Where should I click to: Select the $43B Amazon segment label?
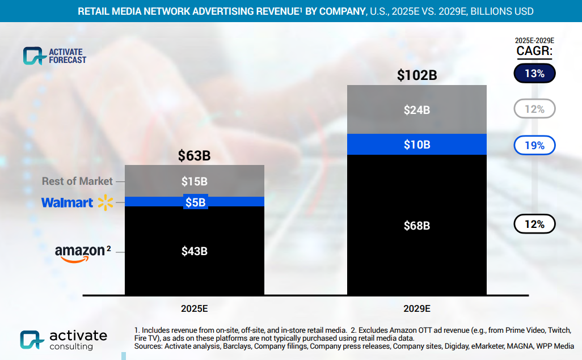pos(194,251)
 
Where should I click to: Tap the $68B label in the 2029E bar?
pos(416,226)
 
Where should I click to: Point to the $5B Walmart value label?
pos(195,202)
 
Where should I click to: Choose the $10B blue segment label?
pos(416,145)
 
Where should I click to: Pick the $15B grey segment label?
pos(194,181)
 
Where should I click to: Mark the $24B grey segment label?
pos(416,110)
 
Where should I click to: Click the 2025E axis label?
pos(194,309)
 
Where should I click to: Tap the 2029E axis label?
pos(416,309)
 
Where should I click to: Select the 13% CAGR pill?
pos(534,74)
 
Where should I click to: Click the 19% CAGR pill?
pos(534,146)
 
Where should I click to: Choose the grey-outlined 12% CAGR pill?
pos(534,109)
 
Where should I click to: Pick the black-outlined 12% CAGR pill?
pos(534,225)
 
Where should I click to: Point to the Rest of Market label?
pos(77,181)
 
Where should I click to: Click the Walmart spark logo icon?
pos(106,202)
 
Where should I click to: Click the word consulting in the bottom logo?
pos(71,346)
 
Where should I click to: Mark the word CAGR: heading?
pos(534,52)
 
